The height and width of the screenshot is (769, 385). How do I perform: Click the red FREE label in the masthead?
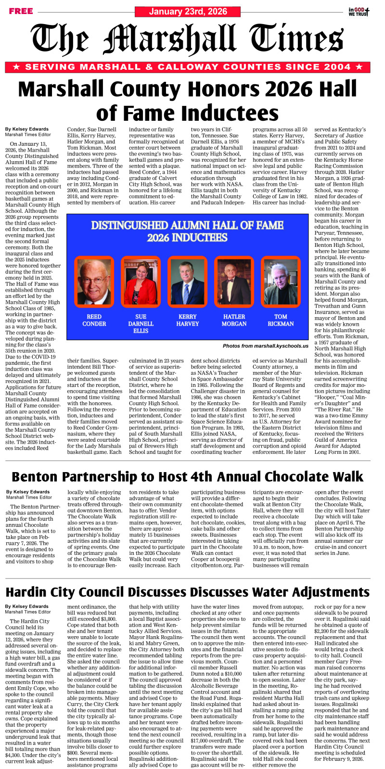tap(21, 11)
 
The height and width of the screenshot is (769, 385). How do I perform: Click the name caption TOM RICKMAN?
tap(281, 320)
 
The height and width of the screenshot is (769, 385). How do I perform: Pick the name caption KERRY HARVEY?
tap(187, 320)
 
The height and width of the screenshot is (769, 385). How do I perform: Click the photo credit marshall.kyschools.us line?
tap(265, 346)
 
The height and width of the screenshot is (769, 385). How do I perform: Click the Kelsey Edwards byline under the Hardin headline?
tap(27, 606)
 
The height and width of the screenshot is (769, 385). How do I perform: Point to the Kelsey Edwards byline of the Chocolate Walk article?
tap(27, 492)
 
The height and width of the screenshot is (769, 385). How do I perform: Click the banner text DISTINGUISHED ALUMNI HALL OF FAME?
tap(187, 225)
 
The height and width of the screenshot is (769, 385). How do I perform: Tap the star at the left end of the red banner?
tap(16, 67)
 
